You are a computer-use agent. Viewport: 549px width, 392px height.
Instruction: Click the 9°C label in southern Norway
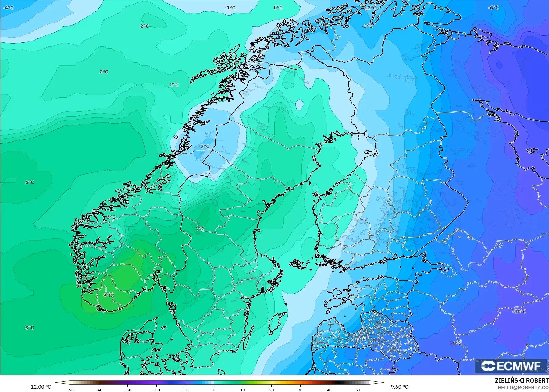point(107,295)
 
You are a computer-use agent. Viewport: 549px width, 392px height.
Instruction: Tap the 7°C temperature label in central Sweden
point(200,228)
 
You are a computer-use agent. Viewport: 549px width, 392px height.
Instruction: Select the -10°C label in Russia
point(519,311)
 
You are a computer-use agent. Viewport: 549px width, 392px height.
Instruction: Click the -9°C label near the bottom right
point(456,343)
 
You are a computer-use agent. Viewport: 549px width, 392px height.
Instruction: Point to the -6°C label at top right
point(493,8)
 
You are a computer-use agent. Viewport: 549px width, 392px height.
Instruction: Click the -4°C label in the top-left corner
point(8,8)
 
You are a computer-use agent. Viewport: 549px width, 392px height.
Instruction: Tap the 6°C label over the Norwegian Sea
point(30,182)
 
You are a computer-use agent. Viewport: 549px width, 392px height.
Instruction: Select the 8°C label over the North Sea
point(30,328)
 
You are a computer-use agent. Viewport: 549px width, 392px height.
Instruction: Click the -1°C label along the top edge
point(230,8)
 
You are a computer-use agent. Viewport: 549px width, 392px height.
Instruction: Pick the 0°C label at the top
point(278,8)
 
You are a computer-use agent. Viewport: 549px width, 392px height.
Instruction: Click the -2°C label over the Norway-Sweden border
point(204,147)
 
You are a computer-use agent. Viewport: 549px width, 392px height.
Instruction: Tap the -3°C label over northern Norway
point(367,26)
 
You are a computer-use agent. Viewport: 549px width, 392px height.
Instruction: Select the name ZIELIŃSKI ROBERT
point(522,380)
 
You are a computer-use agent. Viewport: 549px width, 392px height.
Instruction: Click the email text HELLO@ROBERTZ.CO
point(523,387)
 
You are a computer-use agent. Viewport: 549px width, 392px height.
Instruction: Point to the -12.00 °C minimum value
point(40,387)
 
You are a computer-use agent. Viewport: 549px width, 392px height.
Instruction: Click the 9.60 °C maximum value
point(399,387)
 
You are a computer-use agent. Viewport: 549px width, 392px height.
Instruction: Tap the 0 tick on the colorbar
point(214,390)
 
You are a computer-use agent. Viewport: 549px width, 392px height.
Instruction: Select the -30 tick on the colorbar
point(128,390)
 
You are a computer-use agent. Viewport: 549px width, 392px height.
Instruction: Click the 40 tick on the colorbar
point(329,390)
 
